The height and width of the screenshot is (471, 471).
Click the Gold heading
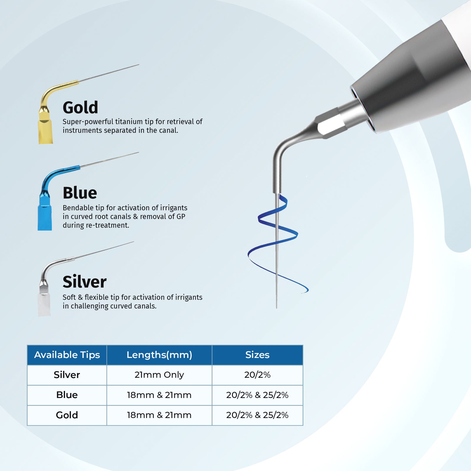click(80, 107)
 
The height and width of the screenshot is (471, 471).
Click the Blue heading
click(80, 193)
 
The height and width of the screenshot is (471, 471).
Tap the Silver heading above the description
click(84, 282)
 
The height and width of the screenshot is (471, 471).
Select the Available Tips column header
click(67, 355)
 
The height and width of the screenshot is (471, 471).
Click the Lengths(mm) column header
click(159, 355)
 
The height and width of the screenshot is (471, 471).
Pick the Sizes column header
click(257, 355)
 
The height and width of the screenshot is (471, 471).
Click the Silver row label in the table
click(67, 375)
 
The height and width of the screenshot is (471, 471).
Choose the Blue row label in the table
click(67, 395)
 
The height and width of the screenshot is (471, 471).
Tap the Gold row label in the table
click(67, 415)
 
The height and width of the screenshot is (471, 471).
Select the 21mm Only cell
click(159, 375)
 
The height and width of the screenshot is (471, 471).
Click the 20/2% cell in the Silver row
click(257, 375)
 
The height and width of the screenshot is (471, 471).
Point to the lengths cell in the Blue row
click(159, 395)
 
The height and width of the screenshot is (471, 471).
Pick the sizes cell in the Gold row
click(257, 415)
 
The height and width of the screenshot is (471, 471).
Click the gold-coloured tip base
click(46, 131)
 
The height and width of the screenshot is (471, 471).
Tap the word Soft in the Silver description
click(69, 297)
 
